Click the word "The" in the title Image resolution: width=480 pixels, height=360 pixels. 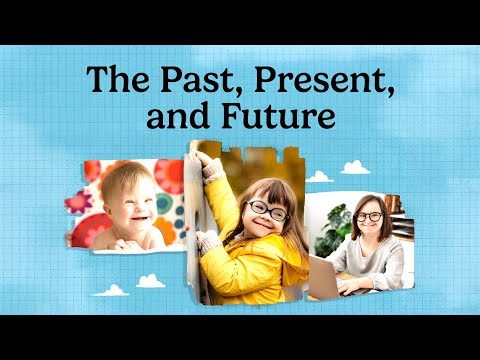(x=107, y=80)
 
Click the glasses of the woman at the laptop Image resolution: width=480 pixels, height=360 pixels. (x=369, y=216)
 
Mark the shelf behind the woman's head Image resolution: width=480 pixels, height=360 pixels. (x=395, y=205)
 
